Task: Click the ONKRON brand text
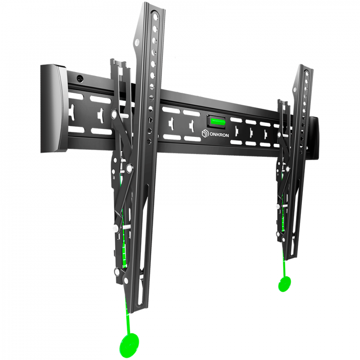(x=219, y=135)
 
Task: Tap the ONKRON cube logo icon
(x=205, y=133)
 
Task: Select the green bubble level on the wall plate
(x=218, y=121)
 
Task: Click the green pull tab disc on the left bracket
(x=129, y=344)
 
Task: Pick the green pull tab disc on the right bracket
(x=284, y=284)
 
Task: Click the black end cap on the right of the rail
(x=314, y=138)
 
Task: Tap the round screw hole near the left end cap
(x=80, y=79)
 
